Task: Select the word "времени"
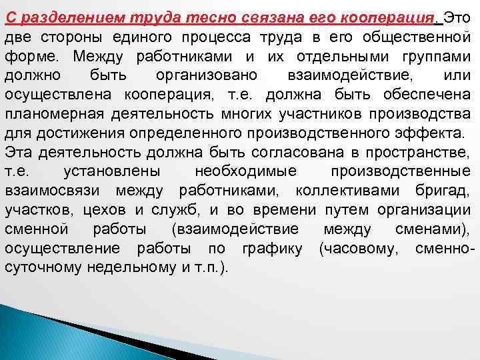pos(289,210)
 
